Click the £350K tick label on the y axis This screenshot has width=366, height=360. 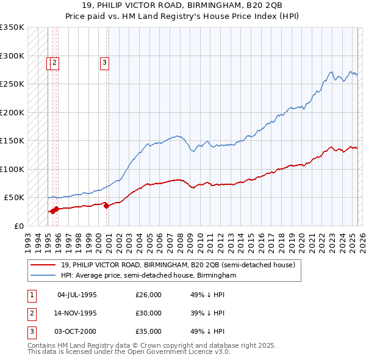pos(12,27)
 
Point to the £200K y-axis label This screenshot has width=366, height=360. pos(12,112)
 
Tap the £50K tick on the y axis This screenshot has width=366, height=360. pos(14,198)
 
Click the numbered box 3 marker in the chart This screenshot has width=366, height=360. pos(104,62)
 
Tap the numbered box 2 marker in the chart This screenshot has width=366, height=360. pos(55,62)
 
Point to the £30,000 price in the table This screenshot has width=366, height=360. pos(148,313)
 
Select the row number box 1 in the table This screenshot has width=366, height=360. pos(30,295)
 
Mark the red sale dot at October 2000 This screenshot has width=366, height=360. pos(106,206)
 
